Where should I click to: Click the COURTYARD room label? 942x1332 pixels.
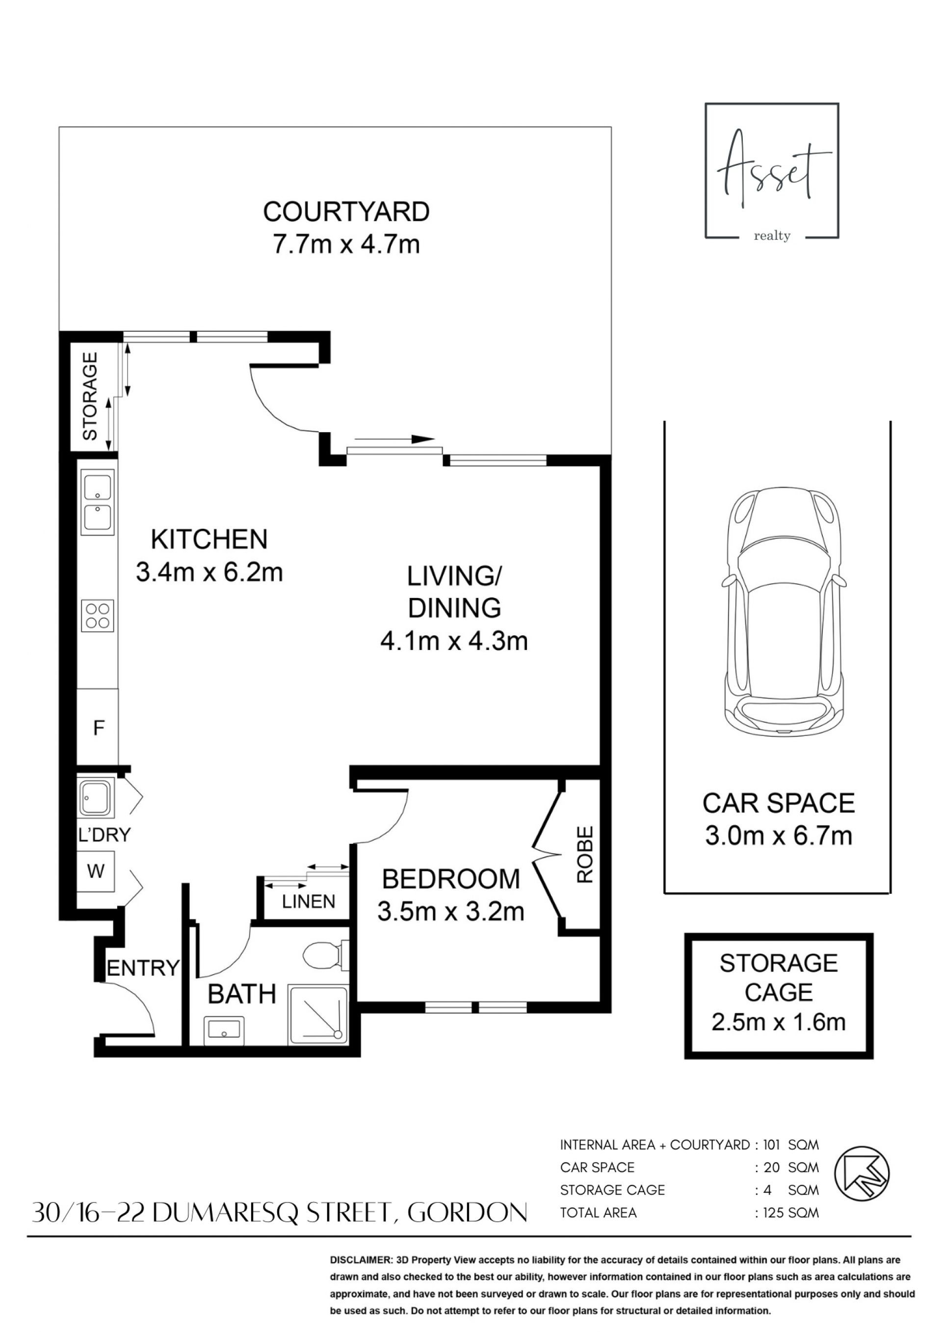pyautogui.click(x=346, y=212)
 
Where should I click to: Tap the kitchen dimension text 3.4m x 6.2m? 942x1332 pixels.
pyautogui.click(x=209, y=573)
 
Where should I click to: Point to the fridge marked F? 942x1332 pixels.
pyautogui.click(x=98, y=728)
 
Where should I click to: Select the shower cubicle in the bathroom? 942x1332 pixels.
pyautogui.click(x=318, y=1015)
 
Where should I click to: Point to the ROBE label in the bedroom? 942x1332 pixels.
pyautogui.click(x=585, y=854)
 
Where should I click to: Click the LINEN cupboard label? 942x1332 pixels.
pyautogui.click(x=309, y=902)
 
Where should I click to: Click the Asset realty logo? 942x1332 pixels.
pyautogui.click(x=772, y=171)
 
